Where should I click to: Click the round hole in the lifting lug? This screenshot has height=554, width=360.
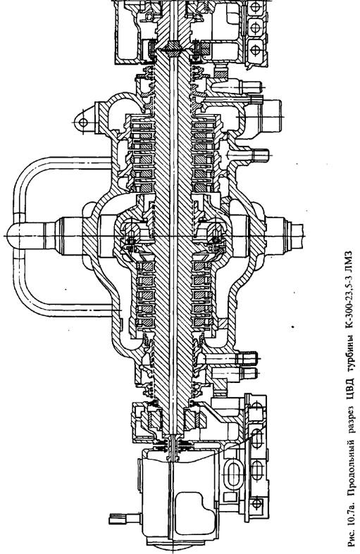[x=83, y=122]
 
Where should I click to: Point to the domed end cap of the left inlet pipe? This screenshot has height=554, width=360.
[x=14, y=236]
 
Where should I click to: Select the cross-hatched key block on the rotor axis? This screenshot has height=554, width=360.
[x=173, y=46]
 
